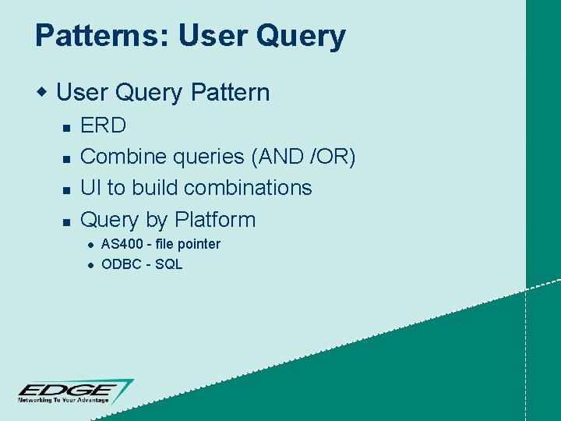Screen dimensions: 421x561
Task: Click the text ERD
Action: coord(104,125)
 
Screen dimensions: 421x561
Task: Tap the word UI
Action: coord(91,188)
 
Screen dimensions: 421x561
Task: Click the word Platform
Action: coord(215,220)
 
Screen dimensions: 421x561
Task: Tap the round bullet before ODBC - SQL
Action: coord(90,265)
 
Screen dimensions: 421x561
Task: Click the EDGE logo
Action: coord(75,389)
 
